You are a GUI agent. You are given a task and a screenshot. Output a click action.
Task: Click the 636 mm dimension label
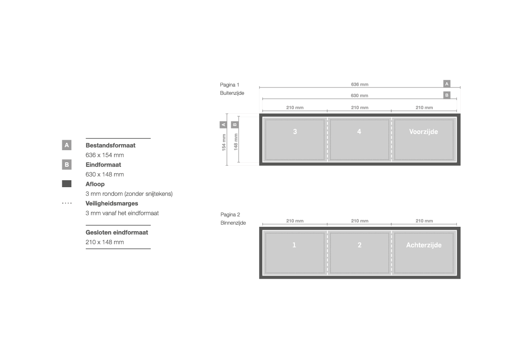click(359, 84)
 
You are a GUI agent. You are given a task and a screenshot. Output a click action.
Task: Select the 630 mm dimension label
click(359, 96)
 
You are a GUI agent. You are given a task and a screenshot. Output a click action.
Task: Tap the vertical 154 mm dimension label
click(224, 142)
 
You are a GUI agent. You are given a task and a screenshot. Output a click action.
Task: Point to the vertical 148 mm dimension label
click(236, 142)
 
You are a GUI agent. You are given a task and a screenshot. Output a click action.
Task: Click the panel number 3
click(295, 131)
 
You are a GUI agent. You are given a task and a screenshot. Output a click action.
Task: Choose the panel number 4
click(359, 131)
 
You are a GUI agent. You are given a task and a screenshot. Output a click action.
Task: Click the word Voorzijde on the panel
click(424, 132)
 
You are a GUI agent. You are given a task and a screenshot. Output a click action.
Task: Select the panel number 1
click(294, 245)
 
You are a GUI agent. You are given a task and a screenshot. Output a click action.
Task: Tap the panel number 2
click(359, 245)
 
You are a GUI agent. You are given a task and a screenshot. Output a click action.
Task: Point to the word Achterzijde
click(424, 245)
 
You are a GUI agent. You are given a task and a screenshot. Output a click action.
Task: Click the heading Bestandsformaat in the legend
click(110, 145)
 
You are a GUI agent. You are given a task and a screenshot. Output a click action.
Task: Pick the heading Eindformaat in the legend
click(103, 165)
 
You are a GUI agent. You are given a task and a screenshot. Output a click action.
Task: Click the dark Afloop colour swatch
click(67, 184)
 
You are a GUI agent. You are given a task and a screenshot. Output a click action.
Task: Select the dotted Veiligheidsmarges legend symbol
click(67, 203)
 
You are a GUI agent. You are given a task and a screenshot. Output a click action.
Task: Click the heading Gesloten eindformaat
click(117, 232)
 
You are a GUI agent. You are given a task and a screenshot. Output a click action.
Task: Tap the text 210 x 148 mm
click(104, 242)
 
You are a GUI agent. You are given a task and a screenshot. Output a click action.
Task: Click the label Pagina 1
click(229, 85)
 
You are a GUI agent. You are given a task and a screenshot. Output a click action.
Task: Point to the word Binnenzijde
click(233, 223)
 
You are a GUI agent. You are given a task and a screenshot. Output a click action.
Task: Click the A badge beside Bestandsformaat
click(67, 145)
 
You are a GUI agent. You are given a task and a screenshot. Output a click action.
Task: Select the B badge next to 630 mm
click(447, 95)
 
